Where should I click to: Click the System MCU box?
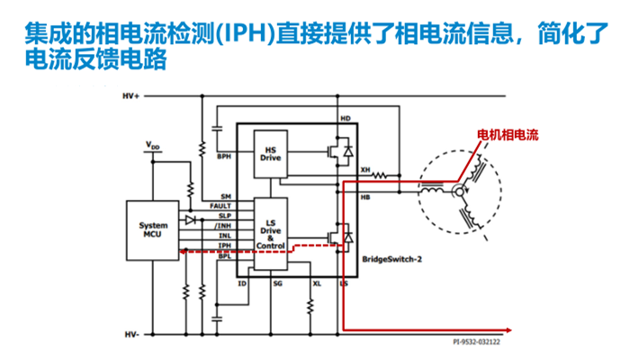click(x=152, y=230)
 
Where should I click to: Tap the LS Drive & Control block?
click(x=270, y=232)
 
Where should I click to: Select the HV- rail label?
click(x=130, y=334)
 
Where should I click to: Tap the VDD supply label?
click(x=154, y=144)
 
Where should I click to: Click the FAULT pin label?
click(x=221, y=207)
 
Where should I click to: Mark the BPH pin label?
click(x=224, y=157)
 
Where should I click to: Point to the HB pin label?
click(x=364, y=198)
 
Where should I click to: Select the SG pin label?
click(x=278, y=283)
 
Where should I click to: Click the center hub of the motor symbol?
click(x=458, y=191)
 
